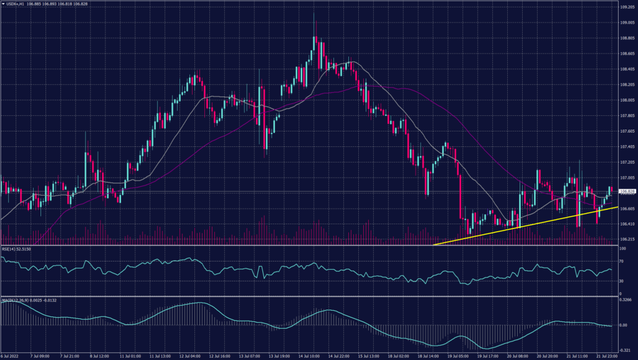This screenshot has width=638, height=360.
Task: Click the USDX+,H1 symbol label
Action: pos(14,4)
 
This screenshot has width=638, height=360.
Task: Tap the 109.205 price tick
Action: pos(627,7)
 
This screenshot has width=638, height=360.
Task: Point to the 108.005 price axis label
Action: pos(627,100)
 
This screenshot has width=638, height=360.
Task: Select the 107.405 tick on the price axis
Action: pos(627,147)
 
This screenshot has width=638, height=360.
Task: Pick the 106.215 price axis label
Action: pos(627,239)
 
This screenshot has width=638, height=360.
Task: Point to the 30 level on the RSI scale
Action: pos(622,281)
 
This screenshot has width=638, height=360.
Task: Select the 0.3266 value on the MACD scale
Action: pos(626,300)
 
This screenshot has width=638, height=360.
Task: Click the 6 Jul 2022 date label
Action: pos(11,356)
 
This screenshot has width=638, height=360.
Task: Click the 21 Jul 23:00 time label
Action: pos(607,356)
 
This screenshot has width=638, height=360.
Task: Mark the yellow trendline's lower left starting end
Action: pos(433,245)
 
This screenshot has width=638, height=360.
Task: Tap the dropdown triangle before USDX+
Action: pos(2,4)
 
